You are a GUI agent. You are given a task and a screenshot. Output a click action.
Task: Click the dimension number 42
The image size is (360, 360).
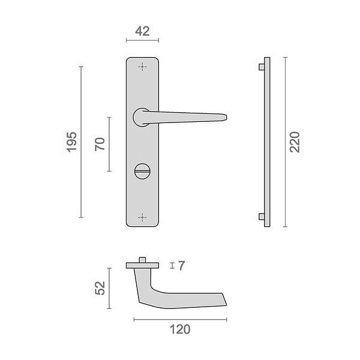click(x=142, y=31)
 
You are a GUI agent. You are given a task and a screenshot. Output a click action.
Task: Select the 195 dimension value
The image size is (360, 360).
click(x=71, y=142)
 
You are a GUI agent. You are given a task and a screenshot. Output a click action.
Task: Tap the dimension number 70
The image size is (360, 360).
click(x=100, y=144)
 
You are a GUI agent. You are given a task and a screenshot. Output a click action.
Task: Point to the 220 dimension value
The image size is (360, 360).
click(x=295, y=142)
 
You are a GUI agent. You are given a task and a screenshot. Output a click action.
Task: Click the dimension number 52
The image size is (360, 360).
click(x=100, y=288)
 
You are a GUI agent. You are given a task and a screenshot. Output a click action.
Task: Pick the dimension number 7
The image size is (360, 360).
click(x=181, y=266)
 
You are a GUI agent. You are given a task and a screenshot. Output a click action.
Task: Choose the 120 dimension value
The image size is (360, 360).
click(x=180, y=329)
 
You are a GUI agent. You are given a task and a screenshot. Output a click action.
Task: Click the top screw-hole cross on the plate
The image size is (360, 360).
click(x=142, y=67)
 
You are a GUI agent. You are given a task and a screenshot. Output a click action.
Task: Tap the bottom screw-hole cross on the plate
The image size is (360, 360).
click(x=142, y=217)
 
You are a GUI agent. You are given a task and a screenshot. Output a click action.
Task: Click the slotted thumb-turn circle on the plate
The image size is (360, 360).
click(x=142, y=171)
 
